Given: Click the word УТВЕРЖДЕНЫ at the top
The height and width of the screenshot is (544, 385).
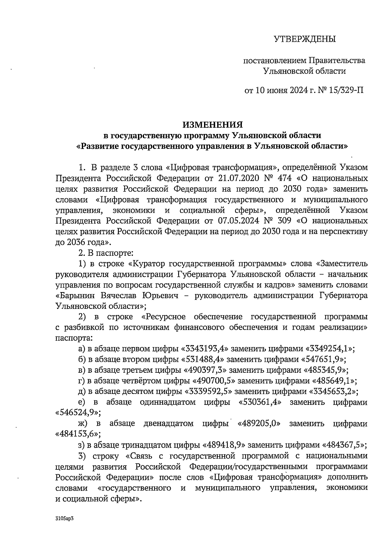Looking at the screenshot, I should (x=304, y=39).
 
